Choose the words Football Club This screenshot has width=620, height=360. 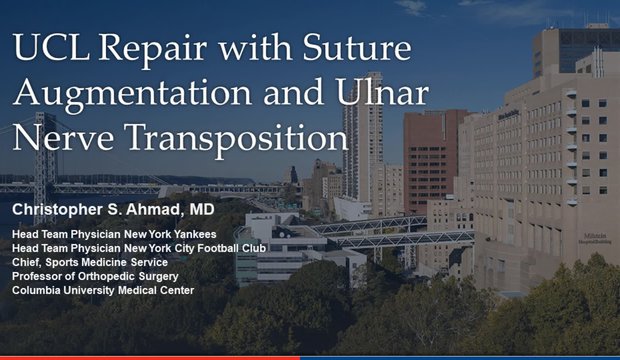click(x=233, y=248)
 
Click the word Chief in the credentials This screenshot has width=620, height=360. click(x=29, y=262)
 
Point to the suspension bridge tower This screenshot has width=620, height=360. click(x=45, y=165)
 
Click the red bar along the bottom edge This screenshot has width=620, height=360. click(x=150, y=357)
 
